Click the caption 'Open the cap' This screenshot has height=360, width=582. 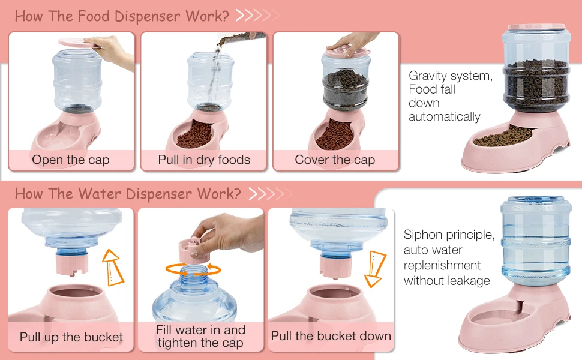point(71,160)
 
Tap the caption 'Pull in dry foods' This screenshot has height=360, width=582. point(204,160)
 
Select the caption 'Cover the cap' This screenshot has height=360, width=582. point(335,160)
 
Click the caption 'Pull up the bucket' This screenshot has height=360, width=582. point(71,337)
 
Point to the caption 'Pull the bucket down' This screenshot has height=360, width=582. point(331,336)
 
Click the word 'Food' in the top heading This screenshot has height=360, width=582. point(94,16)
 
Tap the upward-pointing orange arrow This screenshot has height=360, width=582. point(112,267)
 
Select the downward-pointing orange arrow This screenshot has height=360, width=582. point(375,269)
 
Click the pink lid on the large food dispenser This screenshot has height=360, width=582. point(536,28)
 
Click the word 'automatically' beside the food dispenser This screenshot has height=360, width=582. point(444,117)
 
